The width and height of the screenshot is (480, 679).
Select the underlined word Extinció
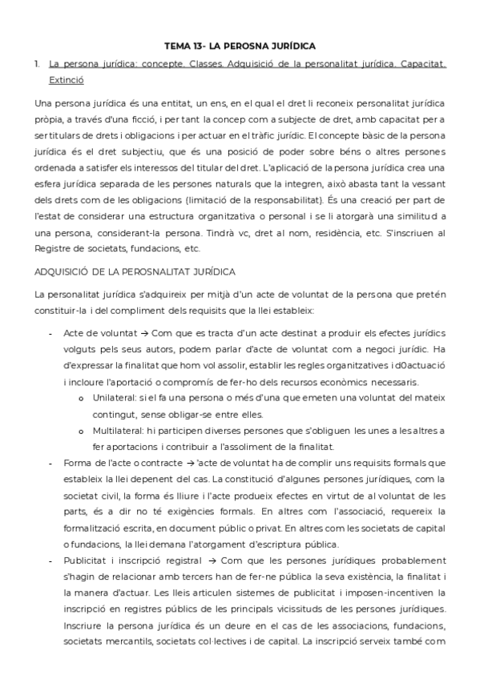pos(65,80)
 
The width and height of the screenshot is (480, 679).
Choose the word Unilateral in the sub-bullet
pos(117,396)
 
